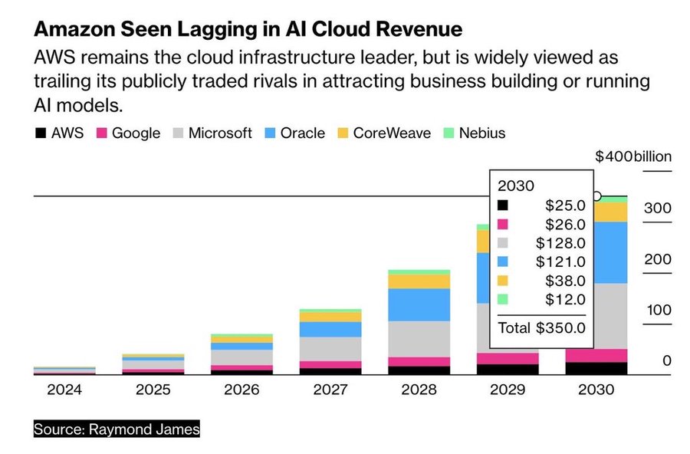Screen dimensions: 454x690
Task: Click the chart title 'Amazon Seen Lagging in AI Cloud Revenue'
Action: [x=248, y=30]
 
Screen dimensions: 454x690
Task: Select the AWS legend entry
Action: [x=60, y=133]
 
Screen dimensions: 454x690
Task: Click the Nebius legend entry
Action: [x=473, y=133]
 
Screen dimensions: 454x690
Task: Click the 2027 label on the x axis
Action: [x=330, y=390]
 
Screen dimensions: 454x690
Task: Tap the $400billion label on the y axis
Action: [x=633, y=156]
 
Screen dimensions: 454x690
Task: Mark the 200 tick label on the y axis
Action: [x=657, y=260]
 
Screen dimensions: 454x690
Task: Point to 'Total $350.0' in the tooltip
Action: [x=541, y=328]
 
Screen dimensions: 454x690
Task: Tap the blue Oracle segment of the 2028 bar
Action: [x=419, y=304]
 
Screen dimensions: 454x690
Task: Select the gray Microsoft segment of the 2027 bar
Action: [x=330, y=349]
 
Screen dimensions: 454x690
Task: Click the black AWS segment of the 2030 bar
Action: [x=596, y=368]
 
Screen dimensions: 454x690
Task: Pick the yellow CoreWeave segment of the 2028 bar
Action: [x=419, y=281]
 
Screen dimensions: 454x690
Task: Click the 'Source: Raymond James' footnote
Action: [x=117, y=429]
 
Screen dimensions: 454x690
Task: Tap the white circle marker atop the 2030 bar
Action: [x=597, y=196]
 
